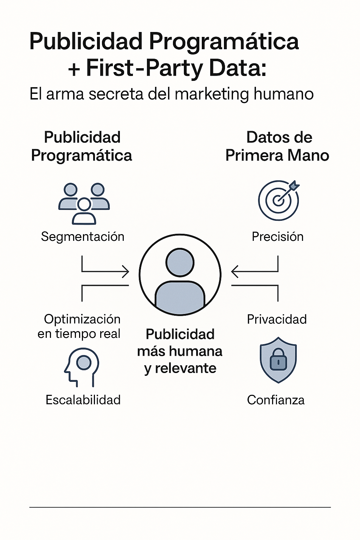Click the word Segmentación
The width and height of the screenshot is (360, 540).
coord(83,237)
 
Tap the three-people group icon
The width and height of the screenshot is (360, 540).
coord(84,204)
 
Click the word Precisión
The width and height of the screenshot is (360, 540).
coord(277,237)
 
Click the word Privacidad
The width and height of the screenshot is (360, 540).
coord(277,319)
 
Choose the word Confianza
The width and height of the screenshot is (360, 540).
coord(276,400)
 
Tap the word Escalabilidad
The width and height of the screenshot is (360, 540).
coord(83,400)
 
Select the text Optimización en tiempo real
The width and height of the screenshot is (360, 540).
coord(79,326)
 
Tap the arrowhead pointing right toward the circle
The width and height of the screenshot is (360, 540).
coord(126,272)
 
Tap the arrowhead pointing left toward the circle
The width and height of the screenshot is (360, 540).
coord(234,272)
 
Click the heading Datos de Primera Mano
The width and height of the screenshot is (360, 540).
coord(278,146)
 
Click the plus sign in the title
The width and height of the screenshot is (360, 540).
coord(74,69)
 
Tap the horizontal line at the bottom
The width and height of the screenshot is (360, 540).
coord(180,507)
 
